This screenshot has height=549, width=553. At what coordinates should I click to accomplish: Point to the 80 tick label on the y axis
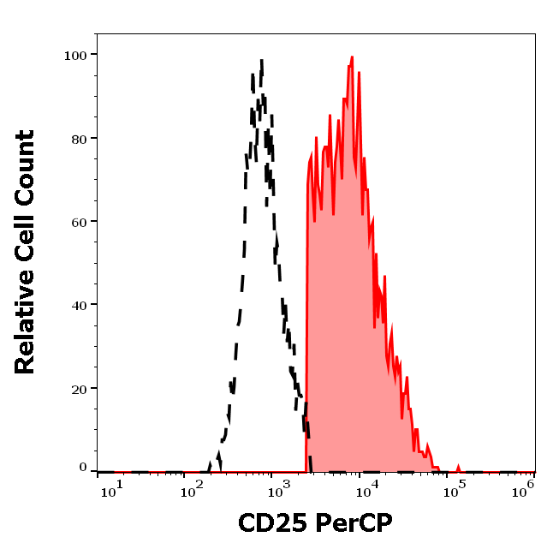pyautogui.click(x=77, y=138)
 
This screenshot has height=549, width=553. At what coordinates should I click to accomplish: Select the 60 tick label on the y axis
pyautogui.click(x=77, y=221)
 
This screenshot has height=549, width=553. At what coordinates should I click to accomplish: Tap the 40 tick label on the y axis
pyautogui.click(x=77, y=304)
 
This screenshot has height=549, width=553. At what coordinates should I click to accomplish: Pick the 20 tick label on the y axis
pyautogui.click(x=77, y=388)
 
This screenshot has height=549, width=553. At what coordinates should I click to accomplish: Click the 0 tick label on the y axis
pyautogui.click(x=83, y=468)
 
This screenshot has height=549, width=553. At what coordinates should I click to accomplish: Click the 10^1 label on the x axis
pyautogui.click(x=111, y=487)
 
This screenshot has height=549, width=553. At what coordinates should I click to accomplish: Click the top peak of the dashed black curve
pyautogui.click(x=261, y=60)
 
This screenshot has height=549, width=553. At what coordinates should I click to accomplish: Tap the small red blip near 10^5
pyautogui.click(x=458, y=468)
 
